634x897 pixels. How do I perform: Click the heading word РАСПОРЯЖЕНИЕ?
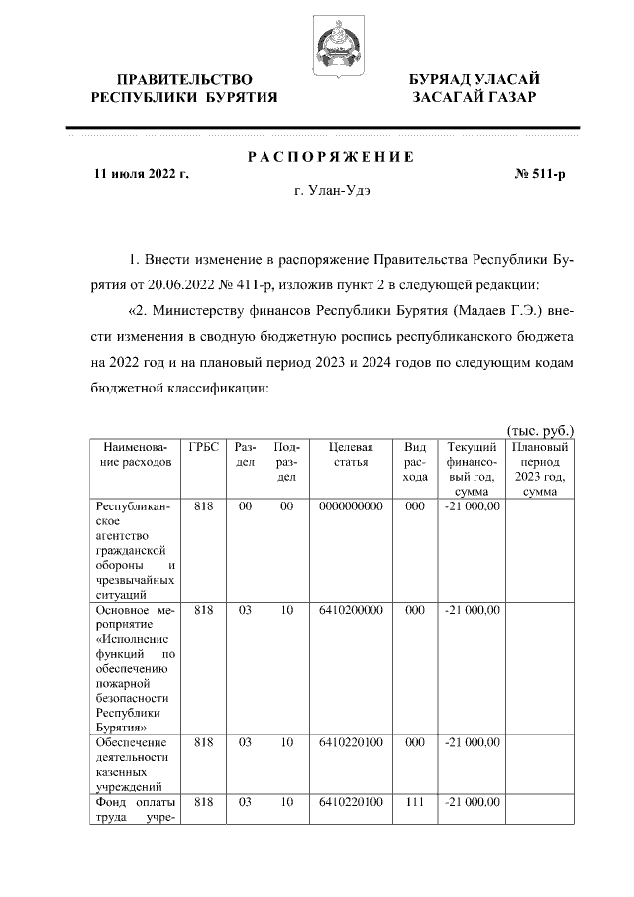tap(330, 157)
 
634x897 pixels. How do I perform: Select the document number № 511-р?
tap(540, 174)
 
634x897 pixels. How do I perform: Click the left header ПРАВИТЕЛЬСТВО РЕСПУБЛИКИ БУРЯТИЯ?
tap(184, 88)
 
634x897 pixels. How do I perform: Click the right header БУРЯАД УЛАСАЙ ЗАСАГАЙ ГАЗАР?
tap(475, 88)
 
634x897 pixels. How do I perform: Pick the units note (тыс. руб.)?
tap(540, 431)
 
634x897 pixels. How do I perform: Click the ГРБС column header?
tap(203, 448)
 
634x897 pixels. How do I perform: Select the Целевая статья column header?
tap(351, 455)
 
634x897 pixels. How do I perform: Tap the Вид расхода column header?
tap(415, 462)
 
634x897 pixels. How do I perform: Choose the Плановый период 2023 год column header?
tap(539, 469)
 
